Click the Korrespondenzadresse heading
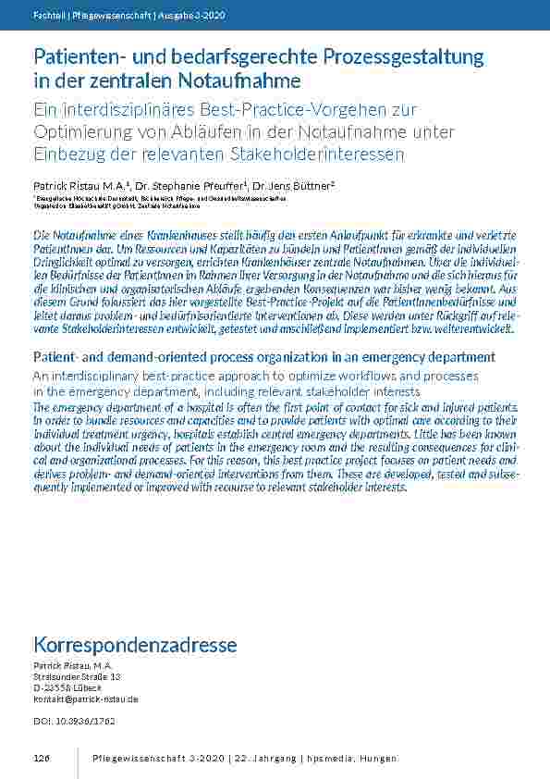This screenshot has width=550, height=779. click(135, 645)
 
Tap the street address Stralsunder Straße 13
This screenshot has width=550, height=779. click(77, 676)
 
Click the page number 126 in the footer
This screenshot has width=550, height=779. click(41, 759)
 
